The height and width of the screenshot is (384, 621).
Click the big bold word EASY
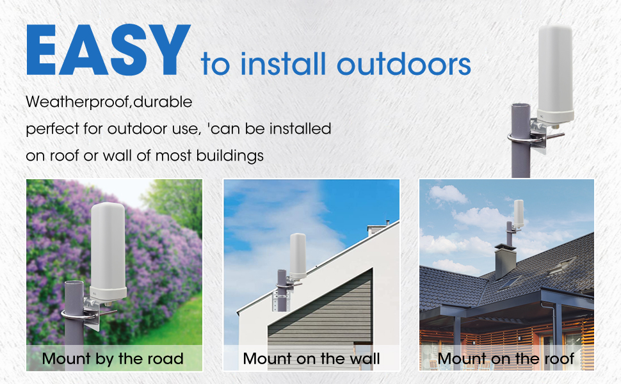pyautogui.click(x=109, y=49)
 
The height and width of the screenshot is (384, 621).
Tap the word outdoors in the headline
pyautogui.click(x=403, y=65)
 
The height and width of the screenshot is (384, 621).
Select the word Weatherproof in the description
pyautogui.click(x=77, y=102)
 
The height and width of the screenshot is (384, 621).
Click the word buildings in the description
pyautogui.click(x=230, y=156)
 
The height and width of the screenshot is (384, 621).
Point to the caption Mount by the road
pyautogui.click(x=113, y=358)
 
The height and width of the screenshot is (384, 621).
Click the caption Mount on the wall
pyautogui.click(x=311, y=358)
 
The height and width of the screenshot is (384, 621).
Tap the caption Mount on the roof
pyautogui.click(x=506, y=358)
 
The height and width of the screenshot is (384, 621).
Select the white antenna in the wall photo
pyautogui.click(x=298, y=255)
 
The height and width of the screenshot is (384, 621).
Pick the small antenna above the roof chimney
pyautogui.click(x=519, y=213)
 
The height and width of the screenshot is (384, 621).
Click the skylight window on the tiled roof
pyautogui.click(x=509, y=283)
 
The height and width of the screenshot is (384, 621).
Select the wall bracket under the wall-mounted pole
pyautogui.click(x=282, y=301)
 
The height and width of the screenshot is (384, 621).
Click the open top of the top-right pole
pyautogui.click(x=520, y=106)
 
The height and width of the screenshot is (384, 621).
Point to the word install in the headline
pyautogui.click(x=283, y=64)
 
